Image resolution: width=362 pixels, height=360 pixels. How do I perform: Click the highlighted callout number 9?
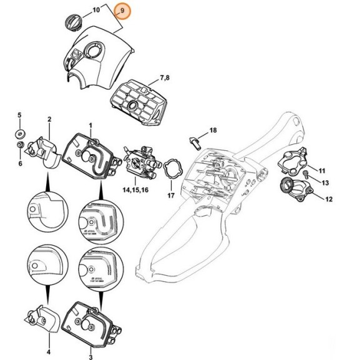pyautogui.click(x=122, y=11)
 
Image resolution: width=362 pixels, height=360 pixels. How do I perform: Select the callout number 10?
pyautogui.click(x=95, y=11)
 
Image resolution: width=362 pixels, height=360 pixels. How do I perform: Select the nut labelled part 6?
pyautogui.click(x=20, y=147)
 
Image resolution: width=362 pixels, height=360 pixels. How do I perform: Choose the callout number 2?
pyautogui.click(x=49, y=119)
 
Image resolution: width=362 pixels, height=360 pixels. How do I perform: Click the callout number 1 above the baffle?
pyautogui.click(x=90, y=125)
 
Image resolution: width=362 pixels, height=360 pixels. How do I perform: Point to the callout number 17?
pyautogui.click(x=170, y=195)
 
